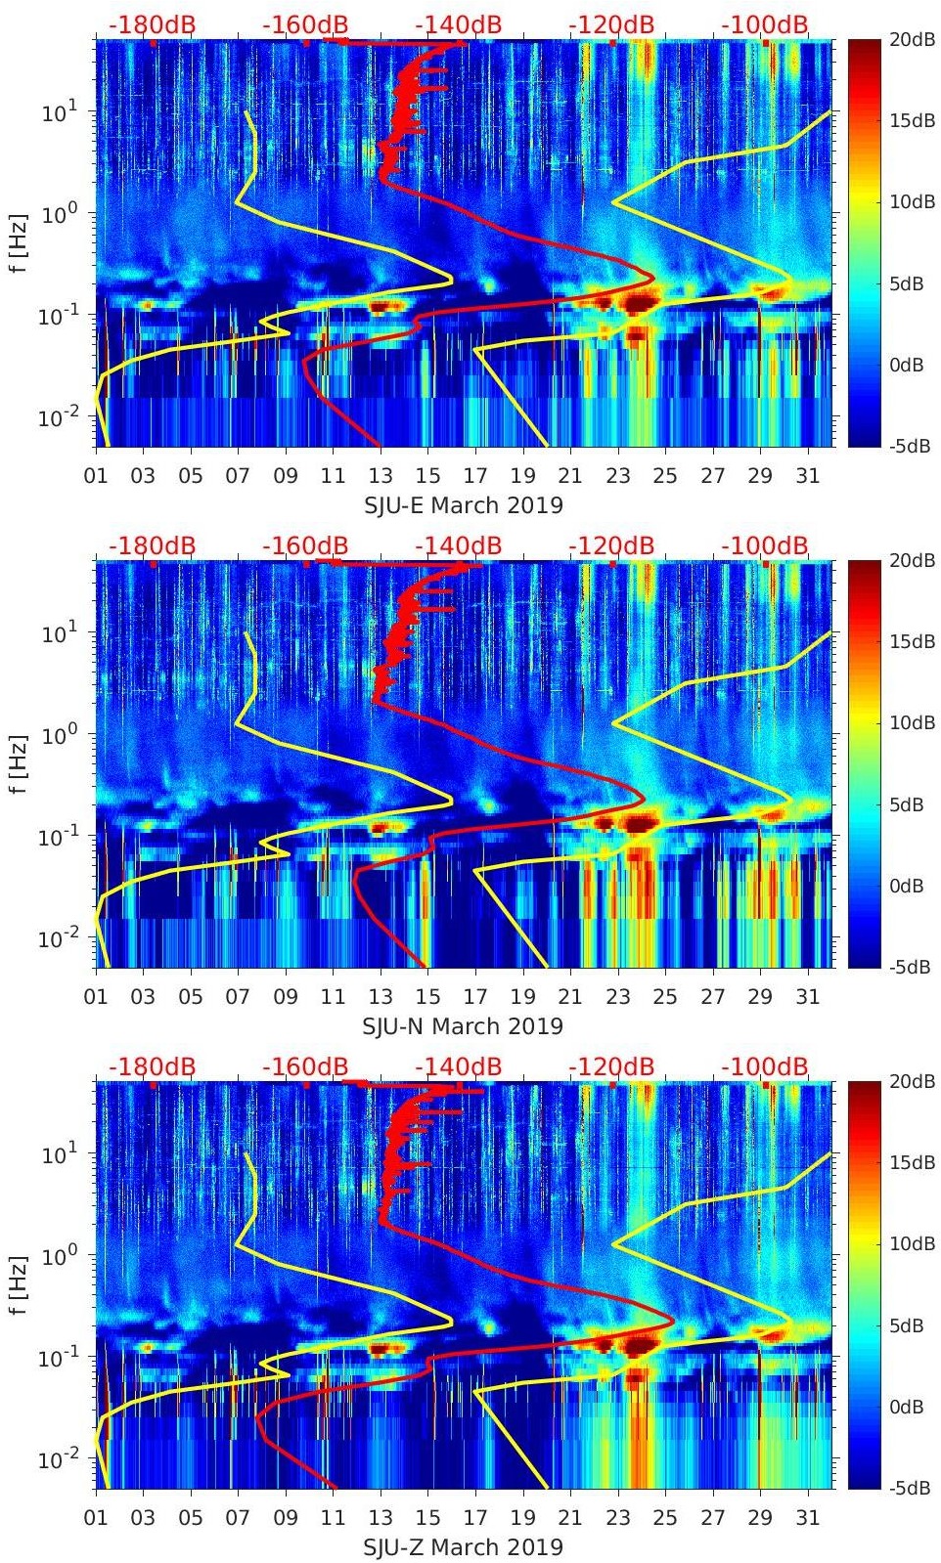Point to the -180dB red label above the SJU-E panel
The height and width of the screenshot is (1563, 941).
[152, 24]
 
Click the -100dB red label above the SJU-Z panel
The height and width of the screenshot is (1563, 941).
[765, 1066]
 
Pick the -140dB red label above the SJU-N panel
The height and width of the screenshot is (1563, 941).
[458, 545]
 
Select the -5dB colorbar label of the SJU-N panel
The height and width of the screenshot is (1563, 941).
[909, 967]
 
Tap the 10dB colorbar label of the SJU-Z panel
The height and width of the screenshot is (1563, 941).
[911, 1243]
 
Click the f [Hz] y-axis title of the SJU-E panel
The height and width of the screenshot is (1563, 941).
[19, 242]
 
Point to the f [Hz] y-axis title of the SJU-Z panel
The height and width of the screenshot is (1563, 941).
[19, 1284]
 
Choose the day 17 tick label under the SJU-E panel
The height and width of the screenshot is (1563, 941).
[475, 476]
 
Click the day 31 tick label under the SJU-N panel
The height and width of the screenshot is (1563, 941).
[807, 997]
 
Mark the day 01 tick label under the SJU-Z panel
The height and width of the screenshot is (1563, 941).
[96, 1518]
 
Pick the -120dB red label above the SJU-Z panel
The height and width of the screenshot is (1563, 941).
[611, 1066]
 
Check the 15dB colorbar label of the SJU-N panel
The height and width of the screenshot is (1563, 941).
[911, 641]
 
